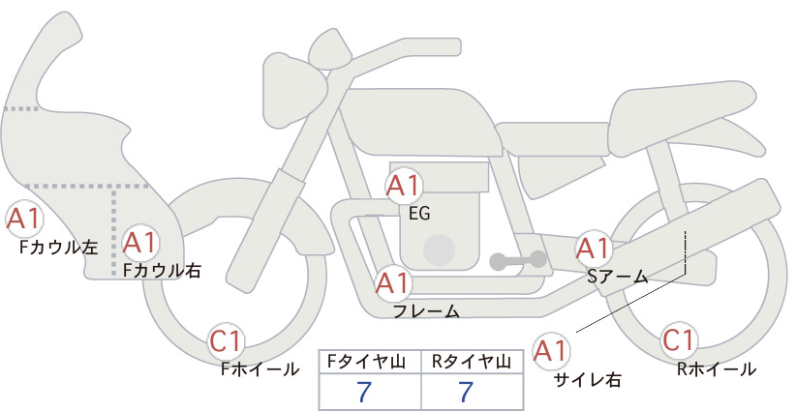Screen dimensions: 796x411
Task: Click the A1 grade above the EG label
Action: point(404,186)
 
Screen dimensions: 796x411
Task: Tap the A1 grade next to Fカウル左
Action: point(23,219)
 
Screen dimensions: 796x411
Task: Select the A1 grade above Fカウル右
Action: point(140,243)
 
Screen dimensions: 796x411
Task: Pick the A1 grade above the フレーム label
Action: point(392,282)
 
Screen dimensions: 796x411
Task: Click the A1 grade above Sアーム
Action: point(593,249)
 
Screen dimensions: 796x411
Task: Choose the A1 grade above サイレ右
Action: point(551,351)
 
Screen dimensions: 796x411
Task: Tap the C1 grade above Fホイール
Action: point(226,341)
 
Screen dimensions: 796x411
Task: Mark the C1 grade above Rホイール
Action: point(678,340)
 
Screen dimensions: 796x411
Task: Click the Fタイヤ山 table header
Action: point(366,362)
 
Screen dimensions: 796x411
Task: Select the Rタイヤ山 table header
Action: point(472,362)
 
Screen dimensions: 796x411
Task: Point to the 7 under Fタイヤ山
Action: point(364,392)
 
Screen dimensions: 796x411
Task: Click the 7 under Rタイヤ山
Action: point(465,392)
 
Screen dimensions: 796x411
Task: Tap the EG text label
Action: point(419,214)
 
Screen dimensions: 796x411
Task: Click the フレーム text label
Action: point(426,311)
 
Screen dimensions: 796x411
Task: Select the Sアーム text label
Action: point(618,277)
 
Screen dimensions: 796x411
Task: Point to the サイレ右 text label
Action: point(588,380)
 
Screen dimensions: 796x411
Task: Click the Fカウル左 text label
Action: point(58,248)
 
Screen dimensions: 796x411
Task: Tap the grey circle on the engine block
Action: point(439,250)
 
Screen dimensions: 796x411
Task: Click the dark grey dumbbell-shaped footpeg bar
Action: point(518,260)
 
